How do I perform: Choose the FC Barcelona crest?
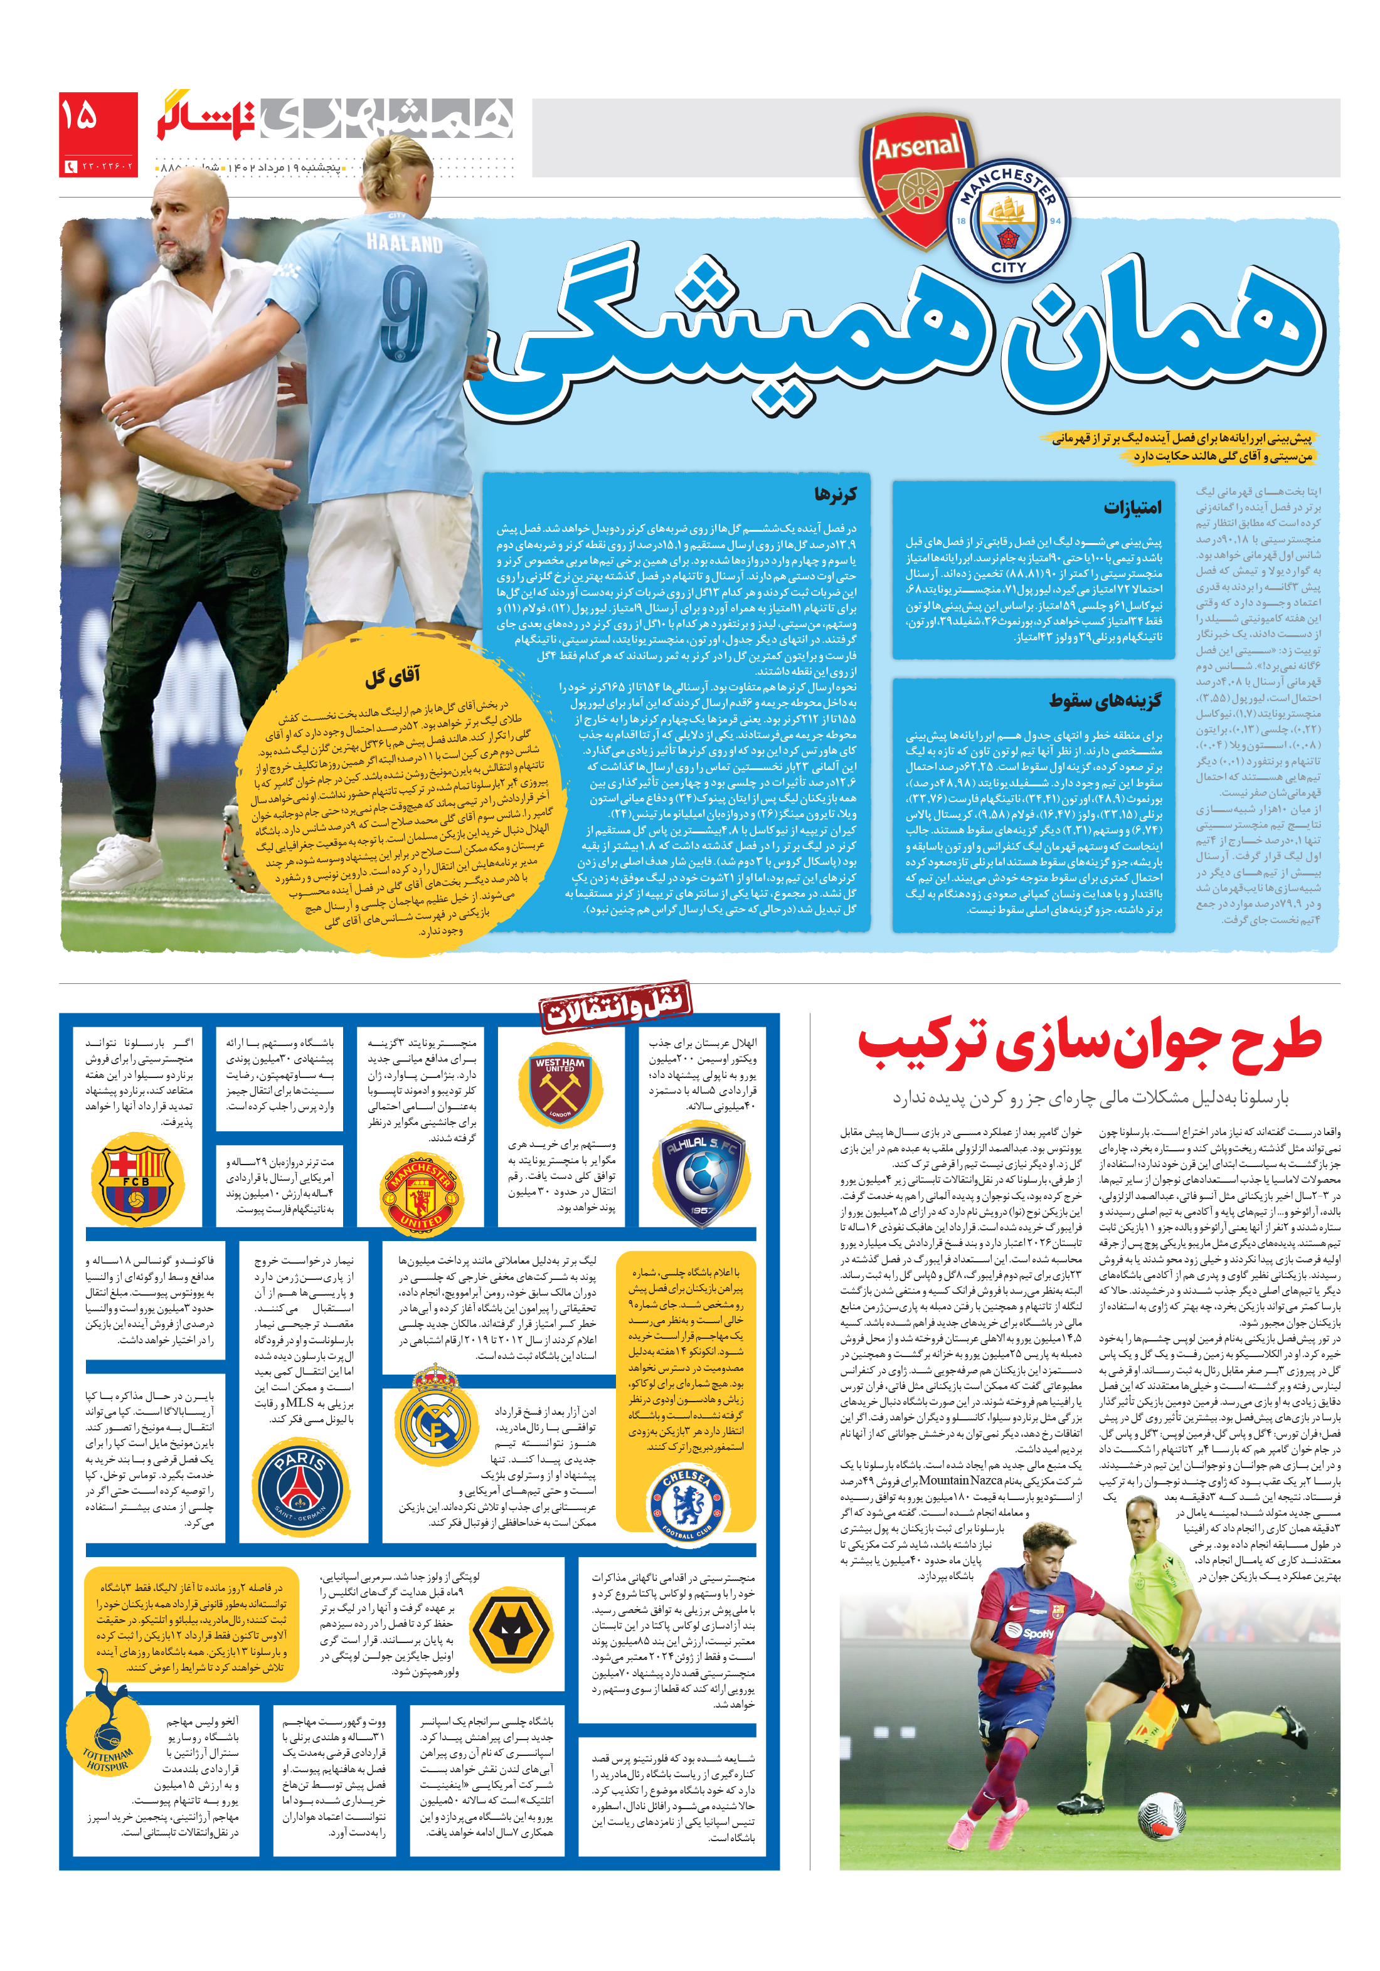135,1177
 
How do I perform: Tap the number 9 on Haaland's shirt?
403,314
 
